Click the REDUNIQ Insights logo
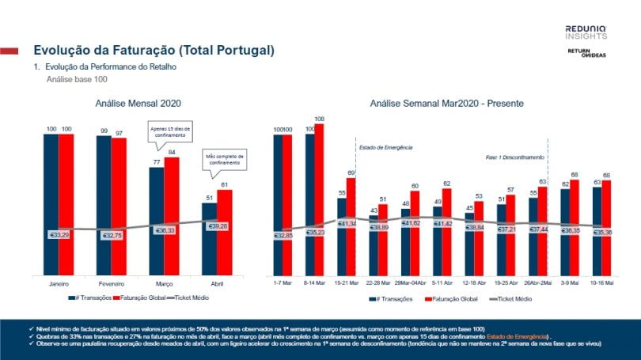tap(586, 32)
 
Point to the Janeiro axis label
tap(58, 282)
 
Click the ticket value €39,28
tap(216, 226)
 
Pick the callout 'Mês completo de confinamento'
tap(225, 161)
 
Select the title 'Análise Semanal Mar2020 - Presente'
tap(446, 103)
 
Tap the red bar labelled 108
tap(319, 198)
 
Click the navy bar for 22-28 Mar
tap(374, 245)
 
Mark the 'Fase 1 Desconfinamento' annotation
tap(513, 157)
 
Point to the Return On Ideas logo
tap(587, 52)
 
